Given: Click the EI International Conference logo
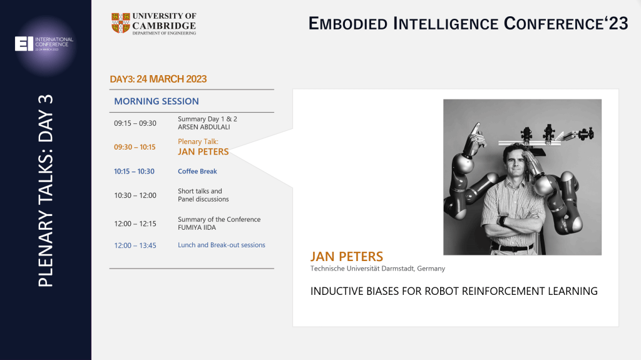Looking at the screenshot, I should tap(44, 43).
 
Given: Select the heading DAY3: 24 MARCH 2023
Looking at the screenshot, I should tap(158, 79).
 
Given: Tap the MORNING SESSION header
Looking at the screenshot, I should tap(156, 101).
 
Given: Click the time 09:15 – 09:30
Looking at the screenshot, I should tap(135, 123).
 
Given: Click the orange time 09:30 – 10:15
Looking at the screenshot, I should tap(135, 147).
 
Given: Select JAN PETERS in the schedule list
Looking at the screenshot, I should tap(203, 152).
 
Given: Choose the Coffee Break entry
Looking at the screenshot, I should tap(197, 172).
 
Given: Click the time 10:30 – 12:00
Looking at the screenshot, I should tap(135, 195).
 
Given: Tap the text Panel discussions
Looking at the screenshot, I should tap(203, 199).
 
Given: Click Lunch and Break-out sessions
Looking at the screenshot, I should tap(221, 245).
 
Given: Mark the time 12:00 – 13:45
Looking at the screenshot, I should tap(135, 245).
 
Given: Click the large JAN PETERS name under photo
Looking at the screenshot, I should tap(346, 257).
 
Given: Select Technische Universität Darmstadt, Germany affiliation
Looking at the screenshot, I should tap(377, 269).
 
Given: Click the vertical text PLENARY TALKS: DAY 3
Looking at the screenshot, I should tap(45, 190).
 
